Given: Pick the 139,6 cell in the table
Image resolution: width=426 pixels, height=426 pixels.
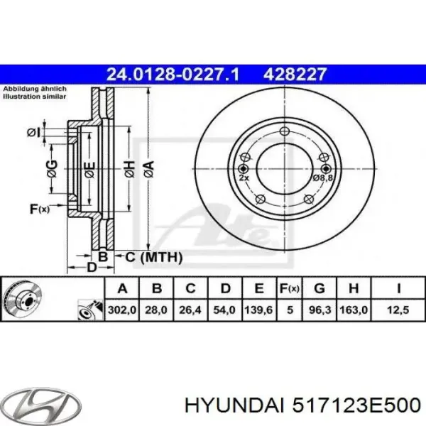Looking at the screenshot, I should tap(259, 310).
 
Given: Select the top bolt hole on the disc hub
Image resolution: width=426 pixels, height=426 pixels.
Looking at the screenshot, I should tap(284, 130).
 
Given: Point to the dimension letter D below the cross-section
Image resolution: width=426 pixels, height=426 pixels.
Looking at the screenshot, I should tap(91, 268).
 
